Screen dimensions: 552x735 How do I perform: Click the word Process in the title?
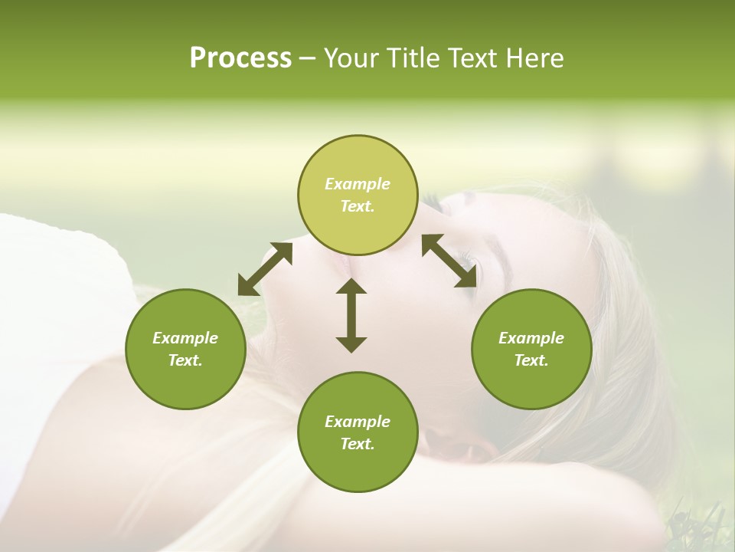coord(240,58)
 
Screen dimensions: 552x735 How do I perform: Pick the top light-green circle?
coord(358,195)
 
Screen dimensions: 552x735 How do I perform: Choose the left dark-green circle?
coord(185,349)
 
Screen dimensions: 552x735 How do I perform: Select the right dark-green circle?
coord(531,349)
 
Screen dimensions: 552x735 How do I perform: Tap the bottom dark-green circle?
coord(358,432)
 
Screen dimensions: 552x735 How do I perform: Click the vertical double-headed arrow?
coord(351,314)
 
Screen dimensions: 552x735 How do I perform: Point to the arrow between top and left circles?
coord(265,268)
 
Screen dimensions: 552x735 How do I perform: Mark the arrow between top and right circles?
coord(449,261)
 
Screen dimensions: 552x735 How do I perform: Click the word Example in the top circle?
coord(358,184)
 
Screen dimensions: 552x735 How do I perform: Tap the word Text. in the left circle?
coord(185,360)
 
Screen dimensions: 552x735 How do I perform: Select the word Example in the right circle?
coord(531,338)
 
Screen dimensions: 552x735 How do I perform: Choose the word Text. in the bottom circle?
coord(358,444)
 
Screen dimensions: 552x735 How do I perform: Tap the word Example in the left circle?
coord(185,338)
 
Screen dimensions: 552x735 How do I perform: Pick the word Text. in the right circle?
coord(531,360)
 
